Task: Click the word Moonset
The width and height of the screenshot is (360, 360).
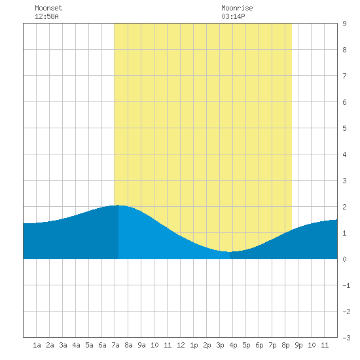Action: coord(48,8)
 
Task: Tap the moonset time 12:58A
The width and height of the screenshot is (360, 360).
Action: coord(46,16)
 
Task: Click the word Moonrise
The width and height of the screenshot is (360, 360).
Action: coord(237,8)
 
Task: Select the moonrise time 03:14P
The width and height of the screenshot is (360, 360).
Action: coord(233,16)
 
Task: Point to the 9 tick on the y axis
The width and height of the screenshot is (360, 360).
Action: coord(344,24)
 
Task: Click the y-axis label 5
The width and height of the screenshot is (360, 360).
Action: coord(344,128)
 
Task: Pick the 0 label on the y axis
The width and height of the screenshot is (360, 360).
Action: coord(344,259)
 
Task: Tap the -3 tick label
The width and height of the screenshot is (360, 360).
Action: coord(346,338)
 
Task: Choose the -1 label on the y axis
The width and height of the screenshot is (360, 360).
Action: coord(346,285)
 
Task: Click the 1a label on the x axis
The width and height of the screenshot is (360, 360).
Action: coord(37,345)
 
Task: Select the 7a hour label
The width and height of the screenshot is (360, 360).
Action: coord(115,345)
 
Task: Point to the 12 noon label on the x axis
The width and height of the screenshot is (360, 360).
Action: coord(181,345)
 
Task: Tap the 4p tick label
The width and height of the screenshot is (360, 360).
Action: coord(233,345)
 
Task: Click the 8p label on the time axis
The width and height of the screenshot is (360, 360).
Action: coord(285,345)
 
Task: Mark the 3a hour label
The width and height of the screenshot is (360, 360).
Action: coord(63,345)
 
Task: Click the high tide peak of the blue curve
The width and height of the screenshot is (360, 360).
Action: coord(118,205)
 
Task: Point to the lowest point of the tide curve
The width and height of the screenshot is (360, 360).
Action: coord(229,252)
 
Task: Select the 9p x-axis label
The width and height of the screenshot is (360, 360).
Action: coord(298,345)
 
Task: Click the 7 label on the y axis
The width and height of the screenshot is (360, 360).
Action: coord(344,76)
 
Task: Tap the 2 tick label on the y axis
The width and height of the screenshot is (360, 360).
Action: coord(344,207)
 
